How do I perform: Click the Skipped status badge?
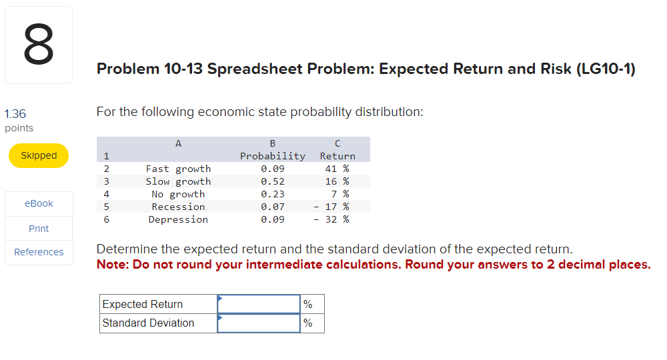(x=39, y=155)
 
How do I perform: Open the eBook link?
(x=39, y=203)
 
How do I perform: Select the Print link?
(x=39, y=229)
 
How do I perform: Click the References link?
(x=39, y=252)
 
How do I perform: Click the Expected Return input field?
(x=259, y=304)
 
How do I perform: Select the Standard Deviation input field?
(x=259, y=323)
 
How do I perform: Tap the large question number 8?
(x=38, y=45)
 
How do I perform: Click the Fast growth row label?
(x=178, y=169)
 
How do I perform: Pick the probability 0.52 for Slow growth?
(x=272, y=181)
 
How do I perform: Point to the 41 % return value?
(x=337, y=169)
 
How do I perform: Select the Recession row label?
(x=178, y=207)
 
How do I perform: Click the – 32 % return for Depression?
(x=332, y=219)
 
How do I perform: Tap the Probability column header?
(x=272, y=156)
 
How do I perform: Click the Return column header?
(x=338, y=156)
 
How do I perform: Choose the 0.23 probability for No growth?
(x=272, y=194)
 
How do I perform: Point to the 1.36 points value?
(x=15, y=115)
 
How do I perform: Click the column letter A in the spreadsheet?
(x=178, y=143)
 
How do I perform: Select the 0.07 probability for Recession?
(x=272, y=207)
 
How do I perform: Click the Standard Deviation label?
(x=148, y=323)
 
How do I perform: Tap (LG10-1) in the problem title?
(x=605, y=69)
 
